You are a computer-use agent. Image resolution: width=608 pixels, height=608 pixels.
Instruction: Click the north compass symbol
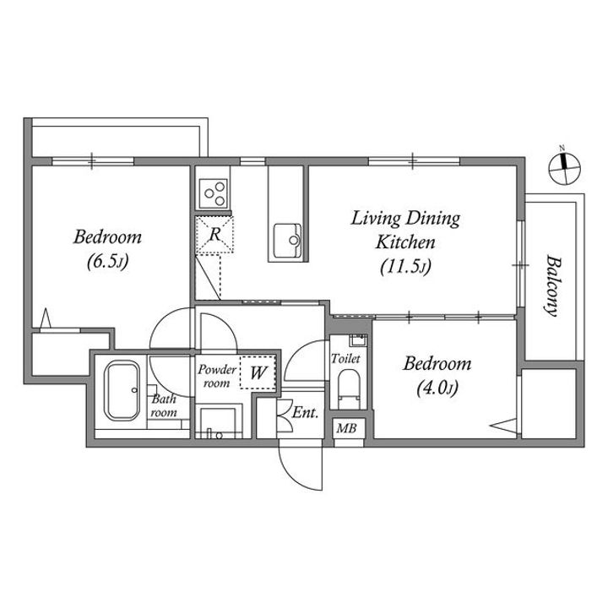pyautogui.click(x=565, y=168)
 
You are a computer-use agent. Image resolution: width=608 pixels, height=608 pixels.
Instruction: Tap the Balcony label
pyautogui.click(x=552, y=285)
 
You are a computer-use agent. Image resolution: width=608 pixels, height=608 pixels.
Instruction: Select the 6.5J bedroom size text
pyautogui.click(x=107, y=262)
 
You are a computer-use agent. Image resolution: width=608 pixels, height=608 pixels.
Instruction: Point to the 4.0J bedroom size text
pyautogui.click(x=437, y=388)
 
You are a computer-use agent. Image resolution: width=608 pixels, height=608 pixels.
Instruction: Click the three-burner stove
pyautogui.click(x=213, y=193)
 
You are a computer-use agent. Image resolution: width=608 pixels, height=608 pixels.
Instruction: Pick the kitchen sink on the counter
pyautogui.click(x=287, y=241)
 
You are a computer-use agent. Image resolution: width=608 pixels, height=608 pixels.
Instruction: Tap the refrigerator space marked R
pyautogui.click(x=214, y=235)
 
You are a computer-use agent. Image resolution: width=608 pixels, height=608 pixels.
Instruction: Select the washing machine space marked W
pyautogui.click(x=258, y=372)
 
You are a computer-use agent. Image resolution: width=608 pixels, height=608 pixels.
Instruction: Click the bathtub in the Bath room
pyautogui.click(x=122, y=390)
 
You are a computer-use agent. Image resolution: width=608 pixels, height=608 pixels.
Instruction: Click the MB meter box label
pyautogui.click(x=346, y=428)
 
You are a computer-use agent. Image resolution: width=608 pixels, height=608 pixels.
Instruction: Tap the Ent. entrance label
pyautogui.click(x=305, y=413)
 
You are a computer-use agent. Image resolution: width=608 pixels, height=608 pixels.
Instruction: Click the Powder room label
pyautogui.click(x=217, y=376)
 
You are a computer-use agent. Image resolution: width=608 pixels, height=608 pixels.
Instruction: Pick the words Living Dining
pyautogui.click(x=405, y=219)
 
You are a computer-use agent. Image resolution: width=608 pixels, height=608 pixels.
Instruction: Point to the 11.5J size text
pyautogui.click(x=405, y=267)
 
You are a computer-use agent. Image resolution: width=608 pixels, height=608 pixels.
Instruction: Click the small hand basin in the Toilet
pyautogui.click(x=358, y=339)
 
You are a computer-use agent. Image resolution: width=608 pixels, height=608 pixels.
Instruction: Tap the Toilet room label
pyautogui.click(x=345, y=359)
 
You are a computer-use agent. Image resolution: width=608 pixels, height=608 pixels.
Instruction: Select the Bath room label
pyautogui.click(x=164, y=405)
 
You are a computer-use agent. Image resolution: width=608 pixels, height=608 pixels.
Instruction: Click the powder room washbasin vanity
pyautogui.click(x=219, y=422)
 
